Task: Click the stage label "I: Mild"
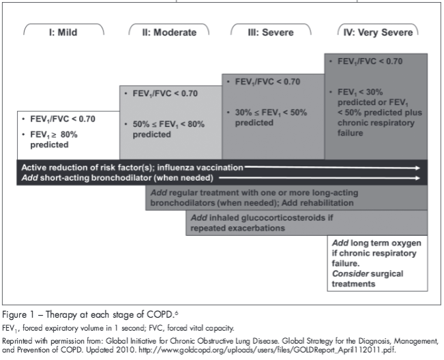click(x=65, y=31)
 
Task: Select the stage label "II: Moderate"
click(x=168, y=31)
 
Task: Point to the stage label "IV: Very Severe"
click(x=378, y=31)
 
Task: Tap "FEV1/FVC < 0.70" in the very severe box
click(x=370, y=61)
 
